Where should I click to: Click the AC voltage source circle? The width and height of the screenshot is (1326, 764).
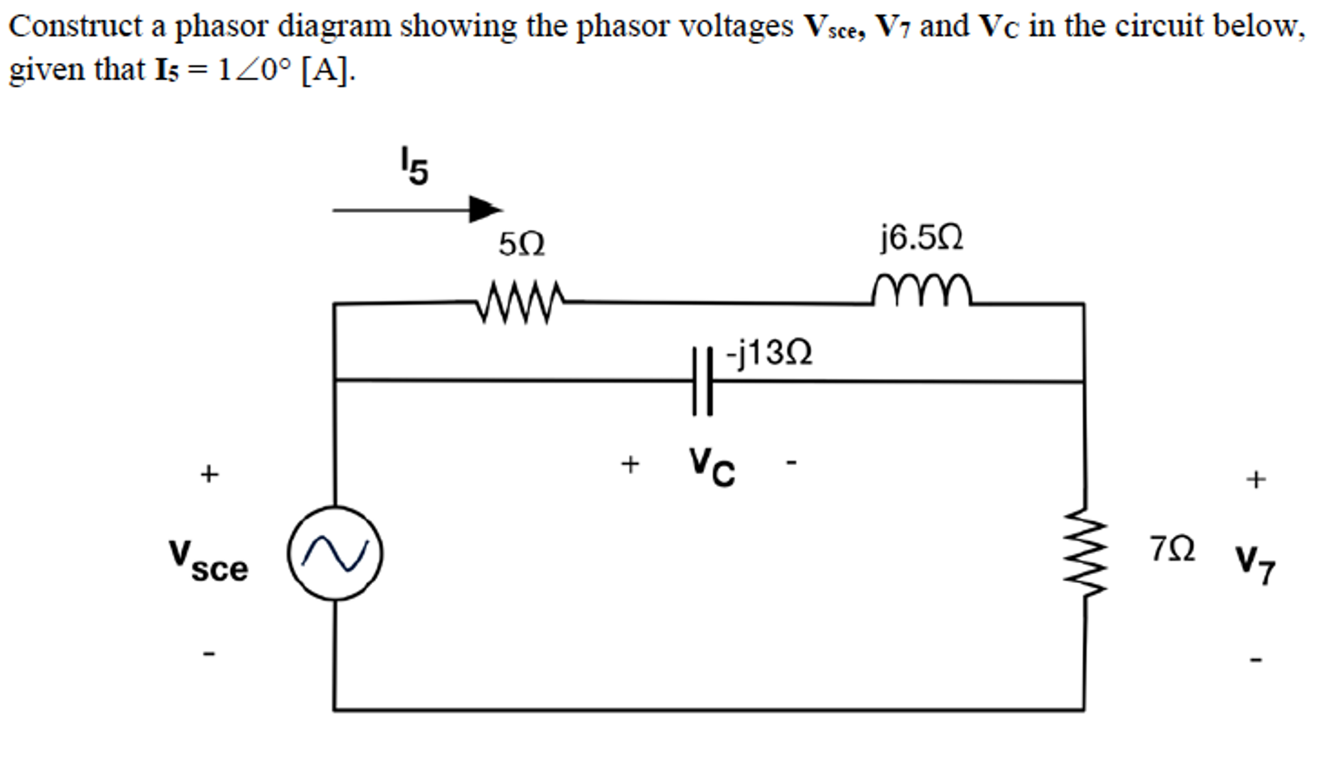tap(335, 553)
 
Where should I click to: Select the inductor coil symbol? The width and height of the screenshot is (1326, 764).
tap(922, 291)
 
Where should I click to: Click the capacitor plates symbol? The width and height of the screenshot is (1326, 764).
tap(702, 381)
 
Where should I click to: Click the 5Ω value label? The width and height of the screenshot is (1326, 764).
tap(522, 245)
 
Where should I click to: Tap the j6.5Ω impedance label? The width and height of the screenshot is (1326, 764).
tap(921, 238)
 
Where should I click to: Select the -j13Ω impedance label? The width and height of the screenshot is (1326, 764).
tap(769, 353)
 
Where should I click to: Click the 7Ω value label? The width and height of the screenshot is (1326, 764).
tap(1172, 549)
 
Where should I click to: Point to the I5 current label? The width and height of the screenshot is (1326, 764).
tap(413, 166)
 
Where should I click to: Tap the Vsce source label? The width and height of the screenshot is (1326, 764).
tap(208, 561)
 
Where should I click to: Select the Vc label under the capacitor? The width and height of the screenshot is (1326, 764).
tap(712, 466)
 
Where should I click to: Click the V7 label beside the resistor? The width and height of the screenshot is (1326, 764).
tap(1255, 564)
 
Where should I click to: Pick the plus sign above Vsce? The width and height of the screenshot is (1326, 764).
tap(209, 474)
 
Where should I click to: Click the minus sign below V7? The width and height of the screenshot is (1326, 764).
tap(1256, 660)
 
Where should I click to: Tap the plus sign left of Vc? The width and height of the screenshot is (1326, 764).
tap(630, 464)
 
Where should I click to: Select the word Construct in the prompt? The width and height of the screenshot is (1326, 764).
tap(75, 27)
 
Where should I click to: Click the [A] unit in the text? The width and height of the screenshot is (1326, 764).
tap(327, 70)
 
